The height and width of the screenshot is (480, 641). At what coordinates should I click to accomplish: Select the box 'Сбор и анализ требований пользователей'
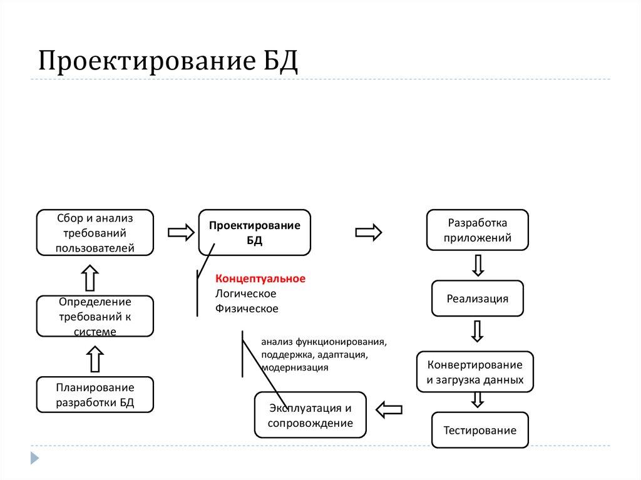click(95, 233)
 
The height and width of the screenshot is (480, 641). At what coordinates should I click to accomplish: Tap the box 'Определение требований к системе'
click(95, 316)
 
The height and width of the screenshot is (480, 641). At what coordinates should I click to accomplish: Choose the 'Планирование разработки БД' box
click(95, 394)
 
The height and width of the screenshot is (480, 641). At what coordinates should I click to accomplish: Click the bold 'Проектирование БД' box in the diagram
click(254, 233)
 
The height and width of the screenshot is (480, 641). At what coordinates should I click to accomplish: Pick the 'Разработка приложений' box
click(477, 230)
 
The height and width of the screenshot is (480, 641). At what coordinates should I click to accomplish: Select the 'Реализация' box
click(477, 299)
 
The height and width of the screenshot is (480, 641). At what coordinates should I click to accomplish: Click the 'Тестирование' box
click(479, 430)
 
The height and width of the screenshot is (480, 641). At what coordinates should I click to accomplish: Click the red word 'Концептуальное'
click(260, 278)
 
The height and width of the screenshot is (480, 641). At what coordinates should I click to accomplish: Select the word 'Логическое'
click(245, 293)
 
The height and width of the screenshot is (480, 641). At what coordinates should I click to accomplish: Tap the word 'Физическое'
click(247, 308)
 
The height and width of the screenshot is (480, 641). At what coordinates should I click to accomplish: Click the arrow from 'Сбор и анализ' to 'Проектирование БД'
click(181, 233)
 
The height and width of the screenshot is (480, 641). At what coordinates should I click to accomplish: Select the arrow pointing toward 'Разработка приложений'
click(369, 233)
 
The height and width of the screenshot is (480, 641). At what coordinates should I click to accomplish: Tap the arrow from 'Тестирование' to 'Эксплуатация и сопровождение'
click(388, 410)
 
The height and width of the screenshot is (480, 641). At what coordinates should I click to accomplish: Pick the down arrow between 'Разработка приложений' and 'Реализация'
click(478, 265)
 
